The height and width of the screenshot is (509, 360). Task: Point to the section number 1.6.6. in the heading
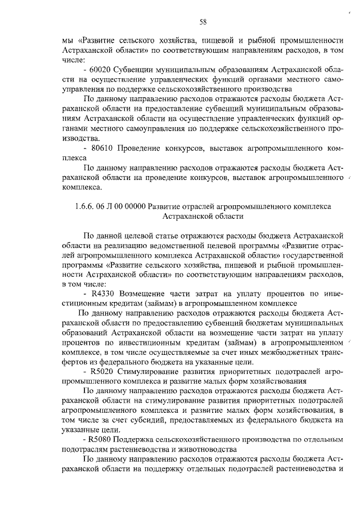[88, 206]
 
